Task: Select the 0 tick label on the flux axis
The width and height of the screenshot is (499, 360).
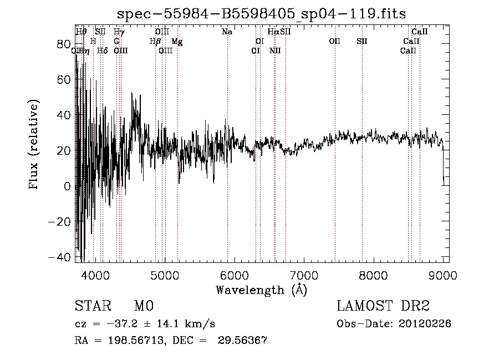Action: pos(67,186)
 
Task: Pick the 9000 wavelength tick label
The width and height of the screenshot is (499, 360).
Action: pos(442,276)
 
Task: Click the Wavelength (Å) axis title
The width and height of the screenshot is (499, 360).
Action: pos(261,290)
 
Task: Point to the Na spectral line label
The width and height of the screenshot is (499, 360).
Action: pos(227,32)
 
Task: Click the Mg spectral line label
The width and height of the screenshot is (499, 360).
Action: pos(177,42)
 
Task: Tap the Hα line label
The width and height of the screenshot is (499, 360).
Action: pos(273,32)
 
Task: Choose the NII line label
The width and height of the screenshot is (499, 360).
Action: pos(275,51)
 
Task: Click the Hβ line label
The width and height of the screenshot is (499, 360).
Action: pos(155,42)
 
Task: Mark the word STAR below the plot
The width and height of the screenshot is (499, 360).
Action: pos(92,306)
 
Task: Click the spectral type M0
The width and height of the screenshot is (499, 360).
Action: pos(143,306)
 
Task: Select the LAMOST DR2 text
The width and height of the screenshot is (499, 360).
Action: pos(383,306)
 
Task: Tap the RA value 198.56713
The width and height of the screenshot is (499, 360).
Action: pos(138,341)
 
